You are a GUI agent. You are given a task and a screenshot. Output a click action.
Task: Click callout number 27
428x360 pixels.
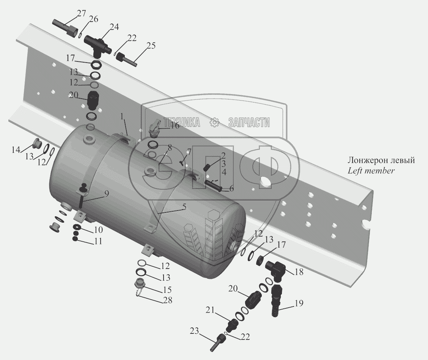[x=81, y=14]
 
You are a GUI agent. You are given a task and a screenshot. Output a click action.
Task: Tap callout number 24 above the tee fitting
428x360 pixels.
[x=114, y=27]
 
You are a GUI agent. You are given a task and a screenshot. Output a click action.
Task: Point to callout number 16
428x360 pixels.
[x=174, y=126]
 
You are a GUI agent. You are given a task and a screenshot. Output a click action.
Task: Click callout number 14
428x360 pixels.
[x=16, y=150]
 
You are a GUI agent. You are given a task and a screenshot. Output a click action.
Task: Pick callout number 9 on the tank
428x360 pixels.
[x=107, y=193]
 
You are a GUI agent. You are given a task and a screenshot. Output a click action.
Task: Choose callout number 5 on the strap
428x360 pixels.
[x=184, y=208]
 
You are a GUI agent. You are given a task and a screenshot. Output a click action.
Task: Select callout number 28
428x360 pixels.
[x=167, y=300]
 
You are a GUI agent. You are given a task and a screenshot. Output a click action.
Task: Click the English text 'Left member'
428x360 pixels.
[x=371, y=171]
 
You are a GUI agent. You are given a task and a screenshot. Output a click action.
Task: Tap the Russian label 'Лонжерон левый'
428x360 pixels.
[x=381, y=160]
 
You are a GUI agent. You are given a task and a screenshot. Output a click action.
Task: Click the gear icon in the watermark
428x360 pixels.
[x=215, y=122]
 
